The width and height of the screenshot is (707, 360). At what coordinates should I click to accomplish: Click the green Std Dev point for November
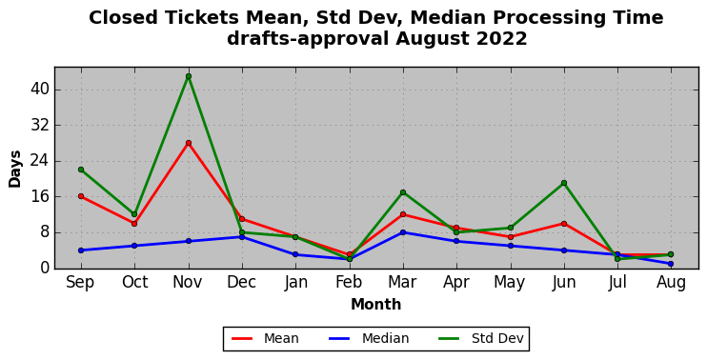189,76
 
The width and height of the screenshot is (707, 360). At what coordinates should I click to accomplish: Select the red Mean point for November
189,143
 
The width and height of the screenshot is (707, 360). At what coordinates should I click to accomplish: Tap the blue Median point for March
403,232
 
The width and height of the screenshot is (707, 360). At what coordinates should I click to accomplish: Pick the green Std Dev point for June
564,183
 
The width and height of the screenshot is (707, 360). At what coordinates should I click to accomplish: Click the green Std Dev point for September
81,170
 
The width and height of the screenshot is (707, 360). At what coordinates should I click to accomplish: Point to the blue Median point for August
671,264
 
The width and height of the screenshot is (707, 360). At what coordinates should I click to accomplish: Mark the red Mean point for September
81,196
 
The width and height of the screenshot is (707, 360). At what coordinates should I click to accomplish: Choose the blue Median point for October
134,246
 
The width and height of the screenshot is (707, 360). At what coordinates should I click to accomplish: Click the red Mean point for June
564,224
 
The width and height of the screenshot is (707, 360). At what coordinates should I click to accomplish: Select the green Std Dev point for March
403,192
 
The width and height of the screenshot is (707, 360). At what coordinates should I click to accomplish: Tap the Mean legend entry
265,338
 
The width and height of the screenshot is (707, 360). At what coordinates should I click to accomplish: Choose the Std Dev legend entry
481,338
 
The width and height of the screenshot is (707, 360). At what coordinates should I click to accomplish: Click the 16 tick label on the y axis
40,197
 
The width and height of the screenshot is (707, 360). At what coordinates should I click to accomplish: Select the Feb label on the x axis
349,283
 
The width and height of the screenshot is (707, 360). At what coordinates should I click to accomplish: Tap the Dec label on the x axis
242,283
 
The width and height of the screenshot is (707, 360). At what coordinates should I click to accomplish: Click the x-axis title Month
376,305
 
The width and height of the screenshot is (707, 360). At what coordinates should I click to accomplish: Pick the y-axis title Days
15,169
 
